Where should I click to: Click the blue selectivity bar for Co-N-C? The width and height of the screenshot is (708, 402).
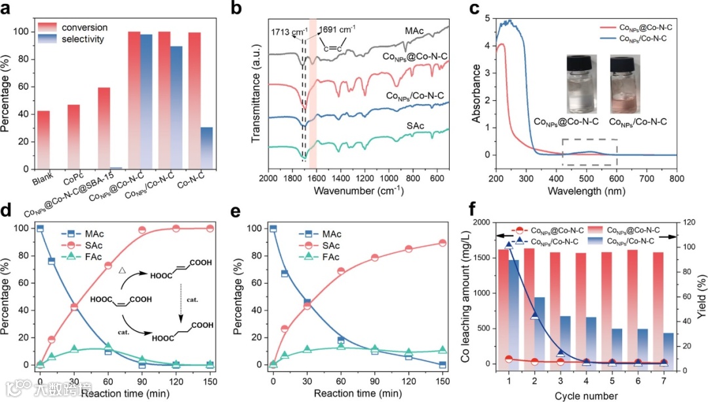(206, 148)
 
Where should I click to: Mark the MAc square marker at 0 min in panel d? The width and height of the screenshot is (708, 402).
(40, 228)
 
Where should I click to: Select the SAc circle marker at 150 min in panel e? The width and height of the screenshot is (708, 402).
(442, 243)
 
